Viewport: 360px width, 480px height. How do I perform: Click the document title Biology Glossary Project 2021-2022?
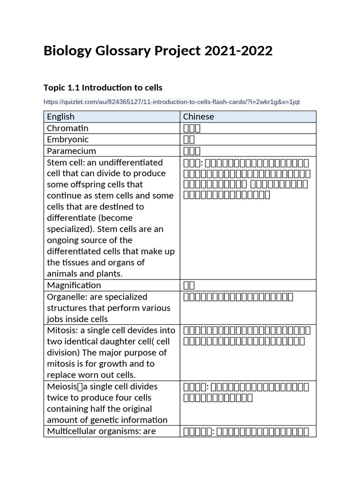[x=157, y=51]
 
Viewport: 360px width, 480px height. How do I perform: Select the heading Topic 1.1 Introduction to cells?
[x=103, y=88]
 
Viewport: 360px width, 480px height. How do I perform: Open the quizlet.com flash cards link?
[x=172, y=102]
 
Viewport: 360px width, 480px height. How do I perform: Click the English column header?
[x=60, y=117]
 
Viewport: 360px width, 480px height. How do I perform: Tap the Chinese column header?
[x=198, y=117]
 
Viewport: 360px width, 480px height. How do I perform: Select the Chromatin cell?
[x=67, y=128]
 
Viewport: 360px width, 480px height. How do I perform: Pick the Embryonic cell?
[x=67, y=139]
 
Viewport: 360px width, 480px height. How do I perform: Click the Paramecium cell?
[x=71, y=151]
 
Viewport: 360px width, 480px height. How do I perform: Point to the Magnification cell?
[x=74, y=285]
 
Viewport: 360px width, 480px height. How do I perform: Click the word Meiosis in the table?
[x=62, y=387]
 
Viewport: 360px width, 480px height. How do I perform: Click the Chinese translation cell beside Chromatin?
[x=192, y=128]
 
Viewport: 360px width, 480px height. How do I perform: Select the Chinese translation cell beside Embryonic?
[x=189, y=140]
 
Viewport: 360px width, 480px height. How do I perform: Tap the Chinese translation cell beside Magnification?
[x=189, y=285]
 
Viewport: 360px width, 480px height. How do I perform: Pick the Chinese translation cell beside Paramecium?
[x=192, y=151]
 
